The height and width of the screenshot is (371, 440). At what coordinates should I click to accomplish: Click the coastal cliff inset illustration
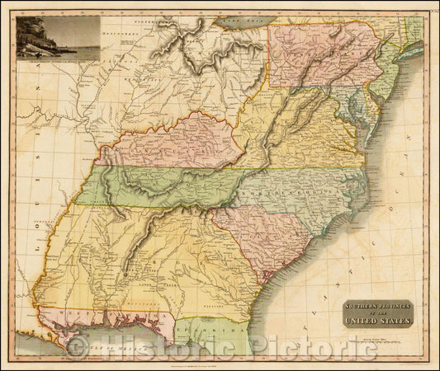(x=57, y=39)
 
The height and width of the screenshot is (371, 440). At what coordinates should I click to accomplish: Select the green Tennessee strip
(x=165, y=183)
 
